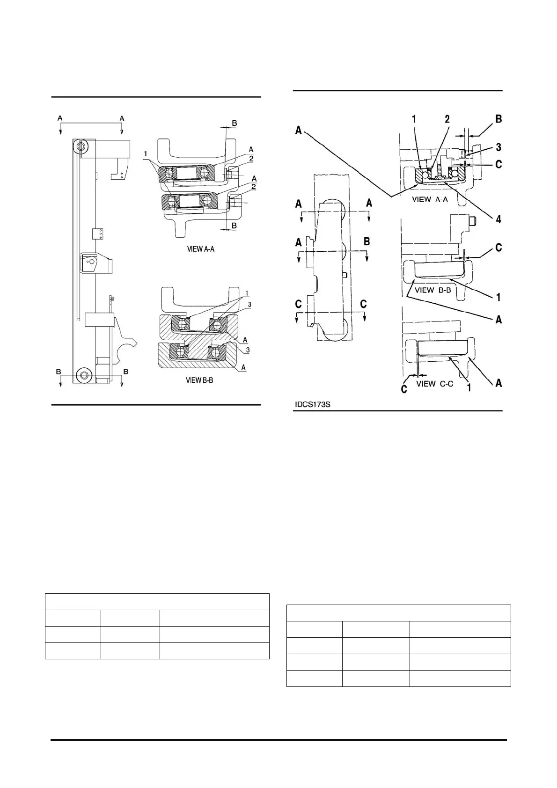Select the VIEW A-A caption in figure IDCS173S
click(430, 199)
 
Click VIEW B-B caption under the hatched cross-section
click(200, 380)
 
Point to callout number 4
click(498, 219)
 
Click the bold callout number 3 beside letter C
click(498, 147)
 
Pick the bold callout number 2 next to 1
click(447, 119)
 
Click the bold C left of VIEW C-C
click(403, 389)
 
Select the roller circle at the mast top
click(81, 147)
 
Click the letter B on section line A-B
click(367, 242)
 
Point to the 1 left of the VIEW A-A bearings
click(147, 153)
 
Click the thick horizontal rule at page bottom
click(278, 740)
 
